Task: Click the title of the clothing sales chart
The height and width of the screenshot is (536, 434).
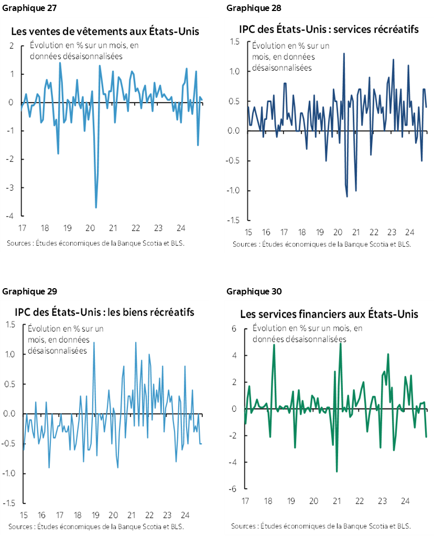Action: pos(105,31)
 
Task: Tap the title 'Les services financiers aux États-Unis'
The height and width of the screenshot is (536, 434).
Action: pos(329,314)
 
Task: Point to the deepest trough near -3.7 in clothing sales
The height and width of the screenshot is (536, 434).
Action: pos(95,207)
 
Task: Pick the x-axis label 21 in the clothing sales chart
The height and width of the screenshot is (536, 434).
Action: pos(112,228)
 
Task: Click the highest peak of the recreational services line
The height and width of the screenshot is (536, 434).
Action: pos(344,53)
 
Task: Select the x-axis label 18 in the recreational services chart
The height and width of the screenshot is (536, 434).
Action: pos(301,232)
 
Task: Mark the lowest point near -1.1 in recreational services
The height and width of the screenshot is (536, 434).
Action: pos(347,196)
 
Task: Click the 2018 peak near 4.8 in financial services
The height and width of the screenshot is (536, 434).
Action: pos(274,345)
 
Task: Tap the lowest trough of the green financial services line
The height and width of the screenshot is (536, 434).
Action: pos(337,472)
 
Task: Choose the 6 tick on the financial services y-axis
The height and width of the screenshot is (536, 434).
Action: pos(234,329)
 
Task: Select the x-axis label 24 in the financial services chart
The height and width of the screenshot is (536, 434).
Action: pos(405,501)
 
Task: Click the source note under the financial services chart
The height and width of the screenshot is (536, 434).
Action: pos(321,526)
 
